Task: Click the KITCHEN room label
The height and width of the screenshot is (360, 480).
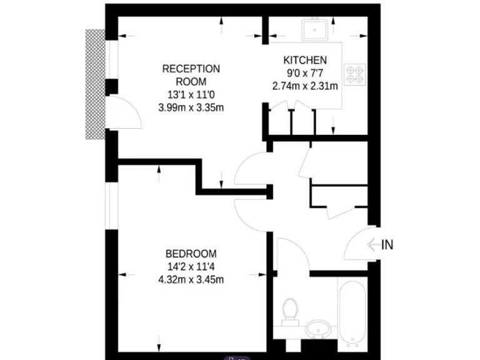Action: [305, 61]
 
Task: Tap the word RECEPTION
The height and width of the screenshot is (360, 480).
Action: [191, 69]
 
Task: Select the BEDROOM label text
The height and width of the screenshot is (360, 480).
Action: [191, 254]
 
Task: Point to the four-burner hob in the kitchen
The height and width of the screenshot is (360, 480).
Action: [355, 74]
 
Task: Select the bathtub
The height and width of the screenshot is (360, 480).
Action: [353, 314]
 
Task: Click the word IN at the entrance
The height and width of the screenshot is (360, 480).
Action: [387, 245]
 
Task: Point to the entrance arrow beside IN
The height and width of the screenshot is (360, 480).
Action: [373, 245]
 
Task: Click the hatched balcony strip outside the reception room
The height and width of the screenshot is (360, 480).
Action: [95, 84]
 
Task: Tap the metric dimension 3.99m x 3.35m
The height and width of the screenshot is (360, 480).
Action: [191, 107]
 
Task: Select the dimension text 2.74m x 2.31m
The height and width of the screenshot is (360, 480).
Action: [305, 86]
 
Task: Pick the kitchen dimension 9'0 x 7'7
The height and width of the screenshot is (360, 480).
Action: [305, 73]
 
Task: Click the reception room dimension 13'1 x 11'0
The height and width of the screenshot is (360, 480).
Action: [191, 94]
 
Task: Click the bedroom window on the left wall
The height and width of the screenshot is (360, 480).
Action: [112, 206]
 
